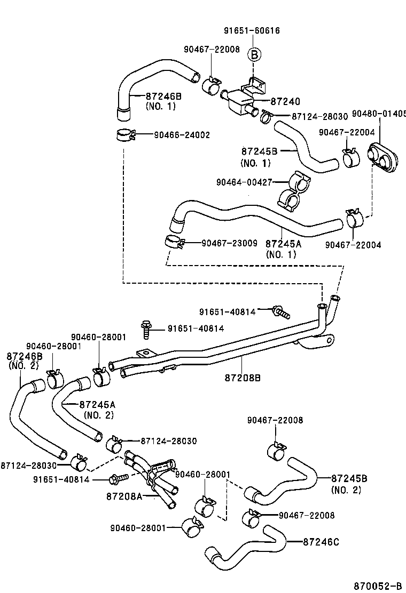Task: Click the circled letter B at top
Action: [x=254, y=54]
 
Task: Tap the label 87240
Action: [x=285, y=101]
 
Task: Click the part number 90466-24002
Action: [x=182, y=135]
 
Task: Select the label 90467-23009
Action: [x=228, y=243]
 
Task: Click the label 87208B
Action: [x=243, y=378]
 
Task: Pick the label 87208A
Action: [x=124, y=496]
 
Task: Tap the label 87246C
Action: [x=321, y=542]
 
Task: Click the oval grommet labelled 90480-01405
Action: [x=384, y=157]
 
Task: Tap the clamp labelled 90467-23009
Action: [x=174, y=243]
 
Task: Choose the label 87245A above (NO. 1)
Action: [x=284, y=244]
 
